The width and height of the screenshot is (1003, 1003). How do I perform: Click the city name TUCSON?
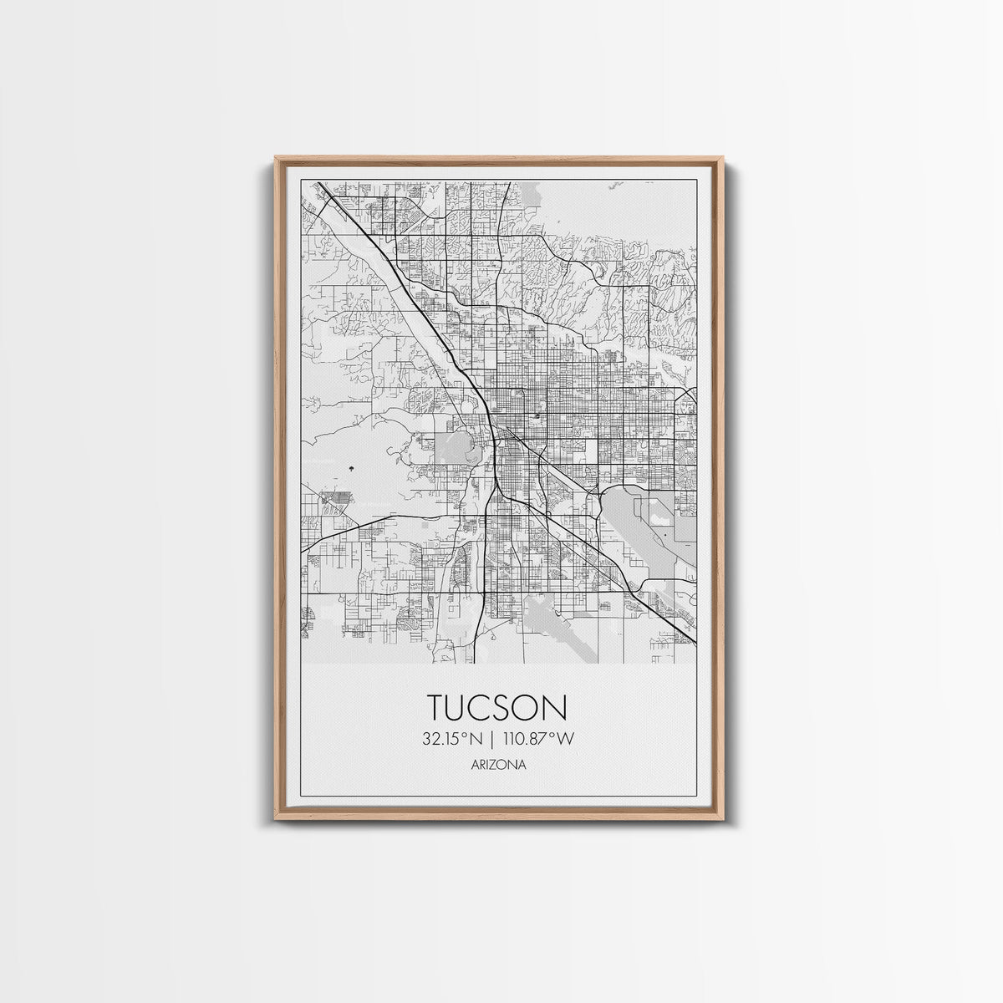499,706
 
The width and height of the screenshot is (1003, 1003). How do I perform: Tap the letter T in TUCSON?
439,706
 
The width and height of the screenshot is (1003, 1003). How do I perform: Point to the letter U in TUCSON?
462,706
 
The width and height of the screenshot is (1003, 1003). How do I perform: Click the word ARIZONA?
499,764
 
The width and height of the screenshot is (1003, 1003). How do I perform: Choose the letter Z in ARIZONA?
500,764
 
